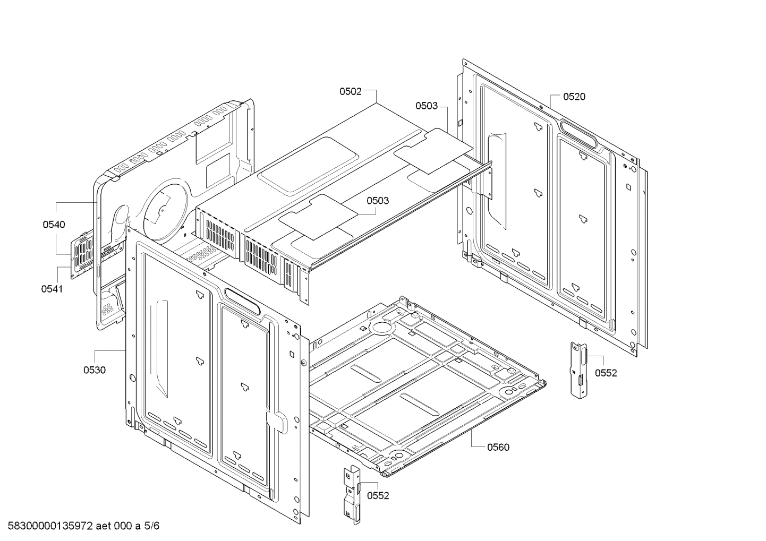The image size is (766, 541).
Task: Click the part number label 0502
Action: tap(351, 91)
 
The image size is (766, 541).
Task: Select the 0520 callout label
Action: tap(574, 97)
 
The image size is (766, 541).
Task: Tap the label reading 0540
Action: tap(54, 225)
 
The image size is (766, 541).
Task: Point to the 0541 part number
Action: tap(52, 289)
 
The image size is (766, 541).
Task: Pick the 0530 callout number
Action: tap(94, 370)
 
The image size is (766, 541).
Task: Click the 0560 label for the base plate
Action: tap(498, 447)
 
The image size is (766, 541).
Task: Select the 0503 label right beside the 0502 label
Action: tap(427, 106)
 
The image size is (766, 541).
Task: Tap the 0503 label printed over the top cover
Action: tap(377, 201)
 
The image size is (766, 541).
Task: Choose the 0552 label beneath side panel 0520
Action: tap(606, 373)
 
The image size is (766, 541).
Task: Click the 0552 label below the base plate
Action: tap(378, 496)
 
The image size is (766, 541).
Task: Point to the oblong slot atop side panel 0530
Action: tap(242, 300)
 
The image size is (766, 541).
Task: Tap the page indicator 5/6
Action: tap(152, 526)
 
